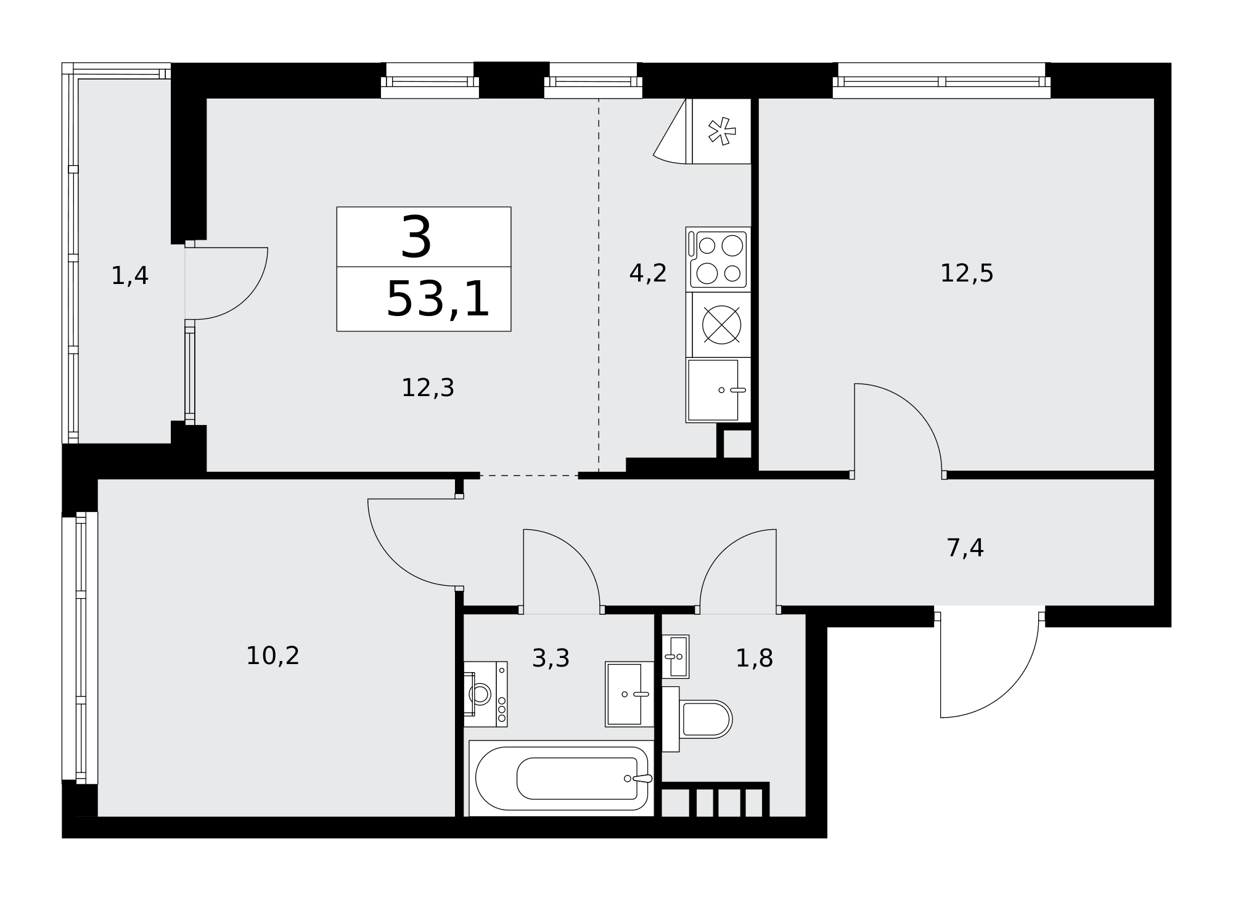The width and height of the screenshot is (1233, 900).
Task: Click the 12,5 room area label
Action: [x=967, y=273]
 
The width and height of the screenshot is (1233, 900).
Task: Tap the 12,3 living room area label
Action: [x=428, y=388]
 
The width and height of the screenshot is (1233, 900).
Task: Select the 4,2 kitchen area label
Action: [x=648, y=273]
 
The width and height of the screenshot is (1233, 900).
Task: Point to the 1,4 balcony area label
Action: [x=129, y=275]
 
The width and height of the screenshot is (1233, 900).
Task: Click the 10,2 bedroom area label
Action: [x=272, y=655]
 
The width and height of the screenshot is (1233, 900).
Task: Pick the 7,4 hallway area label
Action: [x=965, y=548]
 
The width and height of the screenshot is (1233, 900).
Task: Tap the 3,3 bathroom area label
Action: [x=551, y=659]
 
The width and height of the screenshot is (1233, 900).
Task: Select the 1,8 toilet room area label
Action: [x=754, y=659]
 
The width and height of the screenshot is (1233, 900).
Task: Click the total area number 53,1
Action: [x=438, y=299]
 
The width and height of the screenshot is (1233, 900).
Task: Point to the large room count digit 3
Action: [x=417, y=237]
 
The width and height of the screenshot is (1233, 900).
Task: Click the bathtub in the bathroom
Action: [x=562, y=779]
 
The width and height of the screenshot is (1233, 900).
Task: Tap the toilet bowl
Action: [x=697, y=719]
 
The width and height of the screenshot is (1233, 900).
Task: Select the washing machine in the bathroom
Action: [x=485, y=694]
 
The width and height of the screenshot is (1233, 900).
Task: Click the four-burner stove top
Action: [x=718, y=259]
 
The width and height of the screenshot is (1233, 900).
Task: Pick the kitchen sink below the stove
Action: [x=718, y=390]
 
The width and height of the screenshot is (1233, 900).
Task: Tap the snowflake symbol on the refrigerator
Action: [x=721, y=131]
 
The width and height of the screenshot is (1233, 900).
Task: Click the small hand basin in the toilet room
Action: [x=676, y=657]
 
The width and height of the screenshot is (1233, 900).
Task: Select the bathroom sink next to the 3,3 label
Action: [x=629, y=694]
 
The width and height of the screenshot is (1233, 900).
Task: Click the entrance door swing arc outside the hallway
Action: [x=1011, y=692]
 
